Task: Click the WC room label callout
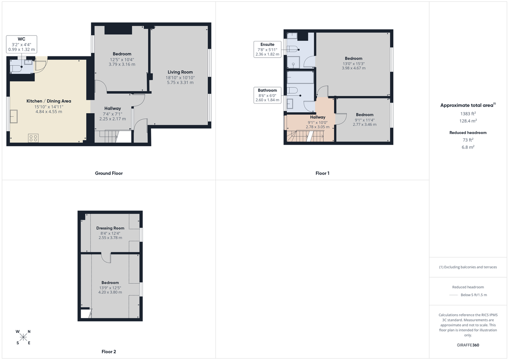click(x=21, y=44)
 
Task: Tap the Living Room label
click(x=180, y=72)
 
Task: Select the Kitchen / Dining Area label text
click(x=49, y=101)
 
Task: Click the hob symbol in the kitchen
click(x=33, y=138)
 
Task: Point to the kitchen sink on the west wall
click(x=14, y=116)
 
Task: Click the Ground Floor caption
click(x=109, y=173)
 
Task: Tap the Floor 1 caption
click(x=322, y=173)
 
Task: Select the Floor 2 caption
click(x=109, y=352)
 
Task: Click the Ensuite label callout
click(x=267, y=49)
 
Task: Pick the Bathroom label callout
click(x=267, y=95)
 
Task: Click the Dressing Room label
click(x=110, y=228)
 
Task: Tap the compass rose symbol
click(x=23, y=337)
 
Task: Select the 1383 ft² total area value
click(x=468, y=114)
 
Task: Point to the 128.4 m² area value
click(x=468, y=120)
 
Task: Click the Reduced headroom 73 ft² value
click(x=468, y=140)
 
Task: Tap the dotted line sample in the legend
click(x=453, y=295)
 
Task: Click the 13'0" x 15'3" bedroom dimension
click(x=353, y=64)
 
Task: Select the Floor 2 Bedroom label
click(x=110, y=282)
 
